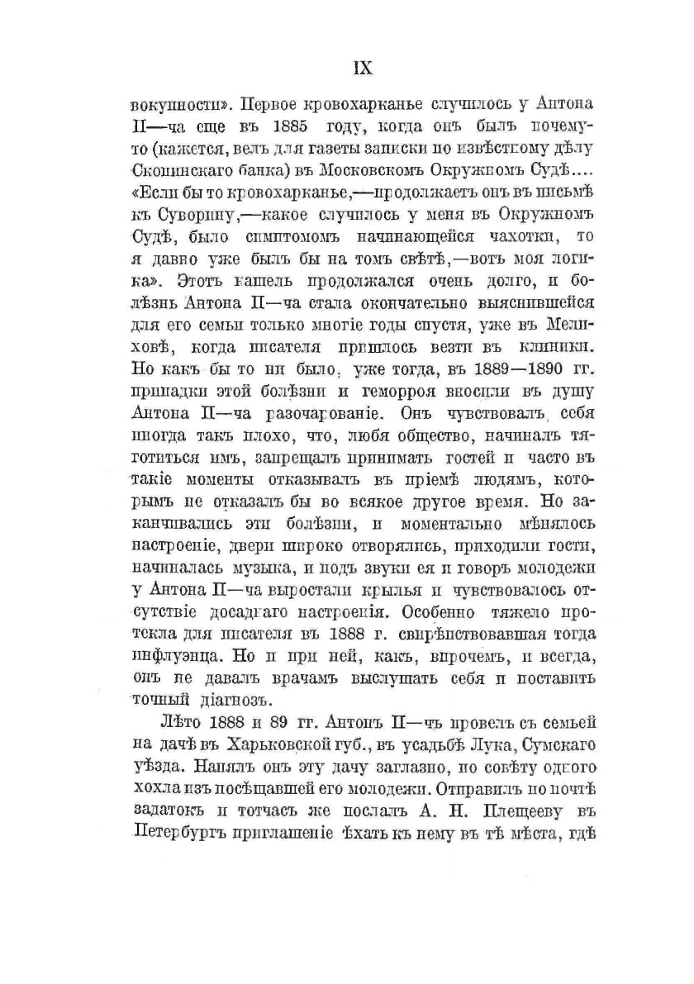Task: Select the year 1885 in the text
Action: click(x=288, y=127)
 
